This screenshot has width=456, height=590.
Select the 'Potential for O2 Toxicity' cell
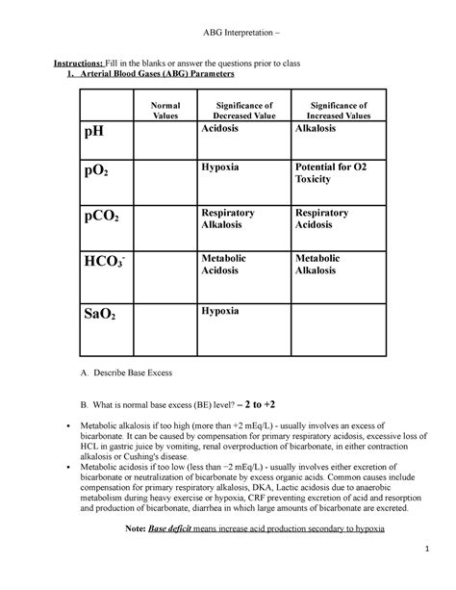[x=333, y=172]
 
